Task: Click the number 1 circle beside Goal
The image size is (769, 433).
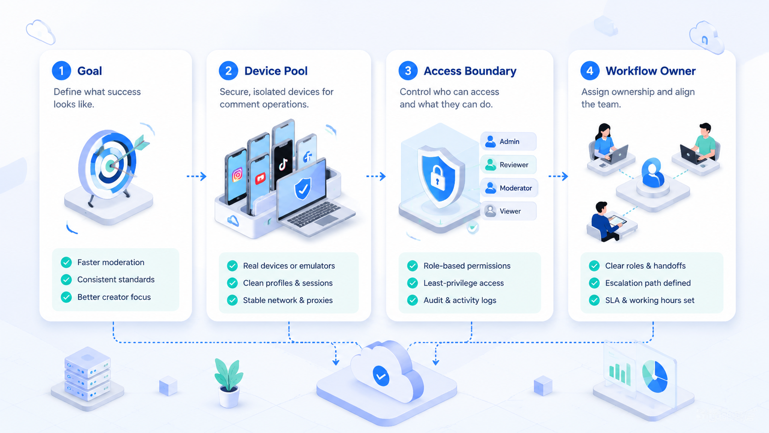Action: (62, 71)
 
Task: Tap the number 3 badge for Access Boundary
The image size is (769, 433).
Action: (408, 71)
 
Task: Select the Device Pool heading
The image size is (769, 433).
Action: (275, 71)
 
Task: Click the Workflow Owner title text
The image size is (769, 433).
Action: (650, 71)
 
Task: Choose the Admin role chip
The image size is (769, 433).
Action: (508, 141)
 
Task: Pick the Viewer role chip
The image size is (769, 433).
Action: (508, 211)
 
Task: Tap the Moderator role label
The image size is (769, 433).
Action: (516, 188)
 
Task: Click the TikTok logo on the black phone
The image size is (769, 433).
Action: (283, 164)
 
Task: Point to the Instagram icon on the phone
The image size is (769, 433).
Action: (237, 175)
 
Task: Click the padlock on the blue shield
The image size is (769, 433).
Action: (438, 178)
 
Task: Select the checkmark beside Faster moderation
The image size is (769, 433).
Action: (66, 262)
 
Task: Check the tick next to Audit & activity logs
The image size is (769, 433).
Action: (412, 300)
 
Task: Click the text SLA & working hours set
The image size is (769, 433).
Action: (649, 300)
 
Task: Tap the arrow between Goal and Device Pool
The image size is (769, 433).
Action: (196, 177)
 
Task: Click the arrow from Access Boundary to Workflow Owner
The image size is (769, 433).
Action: (558, 177)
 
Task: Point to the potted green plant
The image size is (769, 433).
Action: (228, 382)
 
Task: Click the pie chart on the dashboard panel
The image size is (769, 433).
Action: (654, 376)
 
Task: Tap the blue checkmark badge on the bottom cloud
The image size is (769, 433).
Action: (381, 376)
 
